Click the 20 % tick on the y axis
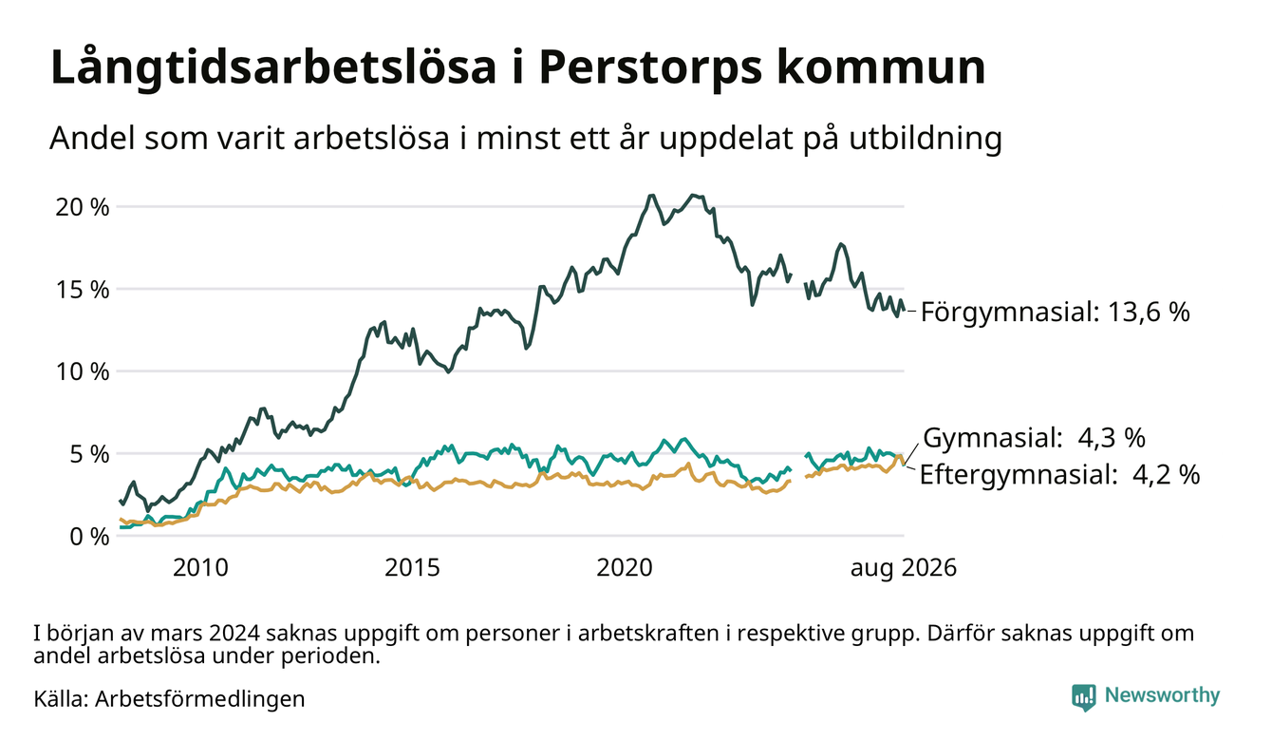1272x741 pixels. (x=83, y=207)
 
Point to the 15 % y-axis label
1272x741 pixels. (x=83, y=290)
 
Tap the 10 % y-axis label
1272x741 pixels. (x=83, y=372)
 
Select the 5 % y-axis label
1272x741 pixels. (x=89, y=455)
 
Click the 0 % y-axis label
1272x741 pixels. (x=89, y=537)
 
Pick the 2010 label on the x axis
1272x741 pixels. (x=200, y=568)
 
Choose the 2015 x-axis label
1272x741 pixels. (x=412, y=568)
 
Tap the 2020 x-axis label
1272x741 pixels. (x=624, y=568)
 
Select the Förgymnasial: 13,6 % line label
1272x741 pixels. (x=1055, y=313)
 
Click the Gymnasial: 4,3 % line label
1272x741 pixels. (x=1034, y=438)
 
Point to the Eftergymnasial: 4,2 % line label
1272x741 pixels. (x=1059, y=474)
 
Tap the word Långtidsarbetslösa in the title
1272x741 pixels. (x=273, y=68)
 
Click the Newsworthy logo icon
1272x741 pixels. (x=1084, y=697)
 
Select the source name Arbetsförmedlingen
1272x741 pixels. (x=200, y=699)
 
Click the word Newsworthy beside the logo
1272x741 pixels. (x=1162, y=695)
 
